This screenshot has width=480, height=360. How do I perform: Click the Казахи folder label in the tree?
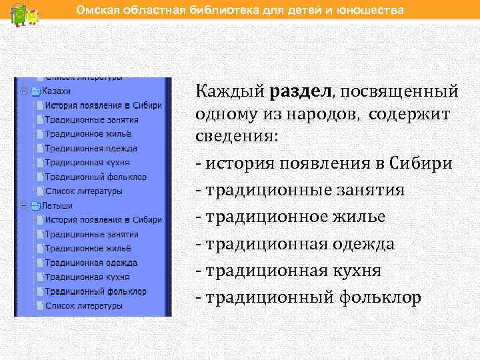56,91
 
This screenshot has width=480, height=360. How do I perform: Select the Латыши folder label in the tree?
57,206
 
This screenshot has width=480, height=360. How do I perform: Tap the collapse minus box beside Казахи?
23,91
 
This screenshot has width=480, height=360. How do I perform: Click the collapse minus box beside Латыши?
23,206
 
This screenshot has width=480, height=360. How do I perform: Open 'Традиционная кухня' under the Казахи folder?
87,163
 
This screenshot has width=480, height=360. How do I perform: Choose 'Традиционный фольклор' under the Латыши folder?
95,291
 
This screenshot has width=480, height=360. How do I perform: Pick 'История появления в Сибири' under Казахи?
103,105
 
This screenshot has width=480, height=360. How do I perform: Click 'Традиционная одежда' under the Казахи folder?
91,148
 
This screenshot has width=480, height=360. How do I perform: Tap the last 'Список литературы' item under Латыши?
84,306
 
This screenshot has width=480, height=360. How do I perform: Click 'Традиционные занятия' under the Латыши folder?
92,234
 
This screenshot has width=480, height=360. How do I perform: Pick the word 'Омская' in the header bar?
95,11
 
